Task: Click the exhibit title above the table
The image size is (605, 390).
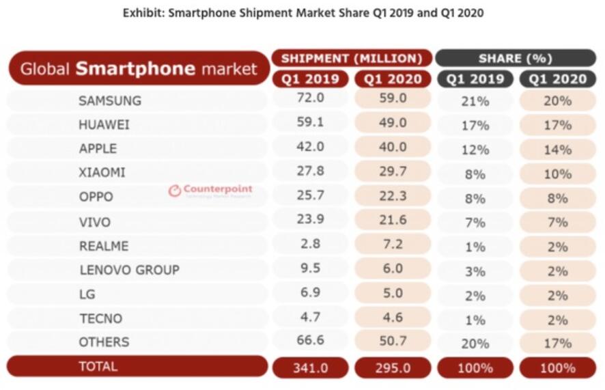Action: coord(302,13)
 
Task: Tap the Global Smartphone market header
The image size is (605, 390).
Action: coord(139,68)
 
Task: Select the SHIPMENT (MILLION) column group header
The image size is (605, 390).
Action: coord(352,58)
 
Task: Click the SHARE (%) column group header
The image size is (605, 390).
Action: coord(516,58)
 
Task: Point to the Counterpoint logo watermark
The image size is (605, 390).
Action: coord(210,191)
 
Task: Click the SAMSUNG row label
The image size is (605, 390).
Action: coord(110,100)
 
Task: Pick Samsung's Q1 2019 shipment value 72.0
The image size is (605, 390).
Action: coord(311,100)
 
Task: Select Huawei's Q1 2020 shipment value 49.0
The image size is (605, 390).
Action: coord(393,124)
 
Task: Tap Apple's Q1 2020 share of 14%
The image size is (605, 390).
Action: coord(557,149)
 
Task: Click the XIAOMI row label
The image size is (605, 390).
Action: coord(102,173)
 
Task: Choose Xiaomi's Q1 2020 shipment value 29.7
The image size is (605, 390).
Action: coord(393,172)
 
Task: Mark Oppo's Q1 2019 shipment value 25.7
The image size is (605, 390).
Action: coord(311,197)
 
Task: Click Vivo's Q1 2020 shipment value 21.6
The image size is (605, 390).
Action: coord(393,221)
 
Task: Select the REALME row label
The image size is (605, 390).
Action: coord(104,246)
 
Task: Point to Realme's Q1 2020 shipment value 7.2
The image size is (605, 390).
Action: coord(393,245)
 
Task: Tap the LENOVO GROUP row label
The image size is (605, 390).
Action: coord(129,270)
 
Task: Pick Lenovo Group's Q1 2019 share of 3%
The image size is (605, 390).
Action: coord(475,271)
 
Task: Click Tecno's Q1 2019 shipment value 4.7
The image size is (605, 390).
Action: coord(311,318)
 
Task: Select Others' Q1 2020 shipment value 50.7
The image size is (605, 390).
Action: coord(393,342)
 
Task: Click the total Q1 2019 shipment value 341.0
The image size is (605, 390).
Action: coord(311,367)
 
